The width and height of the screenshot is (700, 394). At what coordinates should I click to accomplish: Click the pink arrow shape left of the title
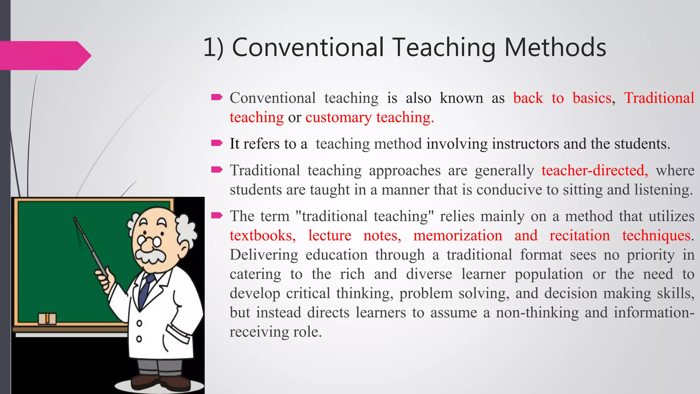[44, 55]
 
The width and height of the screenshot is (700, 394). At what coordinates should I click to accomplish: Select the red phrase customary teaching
[369, 117]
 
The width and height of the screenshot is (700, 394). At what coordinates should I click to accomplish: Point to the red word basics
[592, 98]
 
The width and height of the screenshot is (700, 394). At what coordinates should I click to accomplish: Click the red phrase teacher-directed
[595, 170]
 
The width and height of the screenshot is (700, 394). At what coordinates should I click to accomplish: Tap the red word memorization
[458, 236]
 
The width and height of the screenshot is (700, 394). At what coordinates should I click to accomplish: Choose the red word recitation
[579, 236]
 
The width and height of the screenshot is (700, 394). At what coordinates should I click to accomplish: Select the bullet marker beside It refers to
[217, 143]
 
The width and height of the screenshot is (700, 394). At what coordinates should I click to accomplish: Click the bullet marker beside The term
[217, 215]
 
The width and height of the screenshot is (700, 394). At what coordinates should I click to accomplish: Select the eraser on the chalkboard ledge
[47, 318]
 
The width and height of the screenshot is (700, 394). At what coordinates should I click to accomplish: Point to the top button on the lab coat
[139, 323]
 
